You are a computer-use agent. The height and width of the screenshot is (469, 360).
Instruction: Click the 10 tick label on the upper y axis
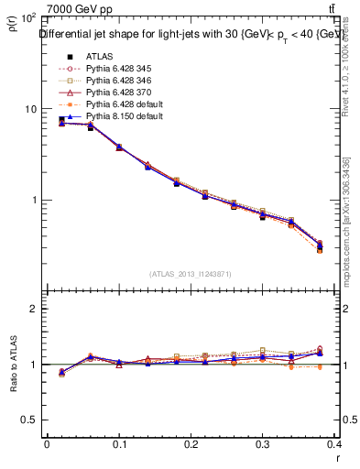click(30, 109)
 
